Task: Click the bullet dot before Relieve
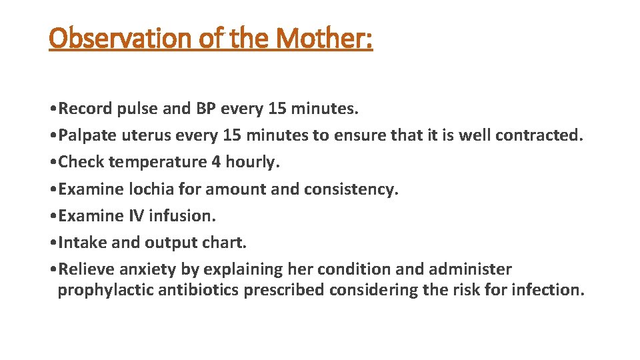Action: coord(53,270)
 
